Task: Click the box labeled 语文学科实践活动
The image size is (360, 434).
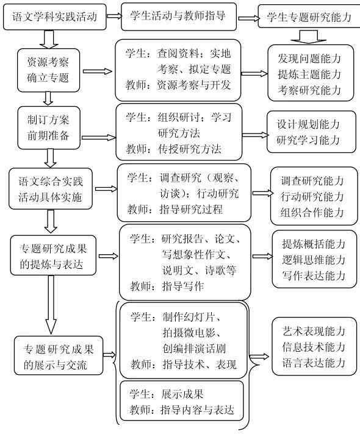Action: pyautogui.click(x=54, y=16)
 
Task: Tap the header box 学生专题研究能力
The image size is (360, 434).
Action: pyautogui.click(x=309, y=18)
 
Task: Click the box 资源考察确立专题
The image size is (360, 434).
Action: pyautogui.click(x=48, y=71)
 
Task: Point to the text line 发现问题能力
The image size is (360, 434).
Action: pyautogui.click(x=309, y=60)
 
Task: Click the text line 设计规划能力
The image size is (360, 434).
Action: pyautogui.click(x=308, y=124)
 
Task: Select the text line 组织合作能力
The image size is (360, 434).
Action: pyautogui.click(x=312, y=212)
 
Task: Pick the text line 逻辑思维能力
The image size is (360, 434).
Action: pyautogui.click(x=314, y=260)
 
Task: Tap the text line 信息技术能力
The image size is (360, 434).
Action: pyautogui.click(x=314, y=347)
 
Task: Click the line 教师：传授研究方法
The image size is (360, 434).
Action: pyautogui.click(x=174, y=148)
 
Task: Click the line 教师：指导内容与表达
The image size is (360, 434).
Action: pyautogui.click(x=182, y=410)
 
